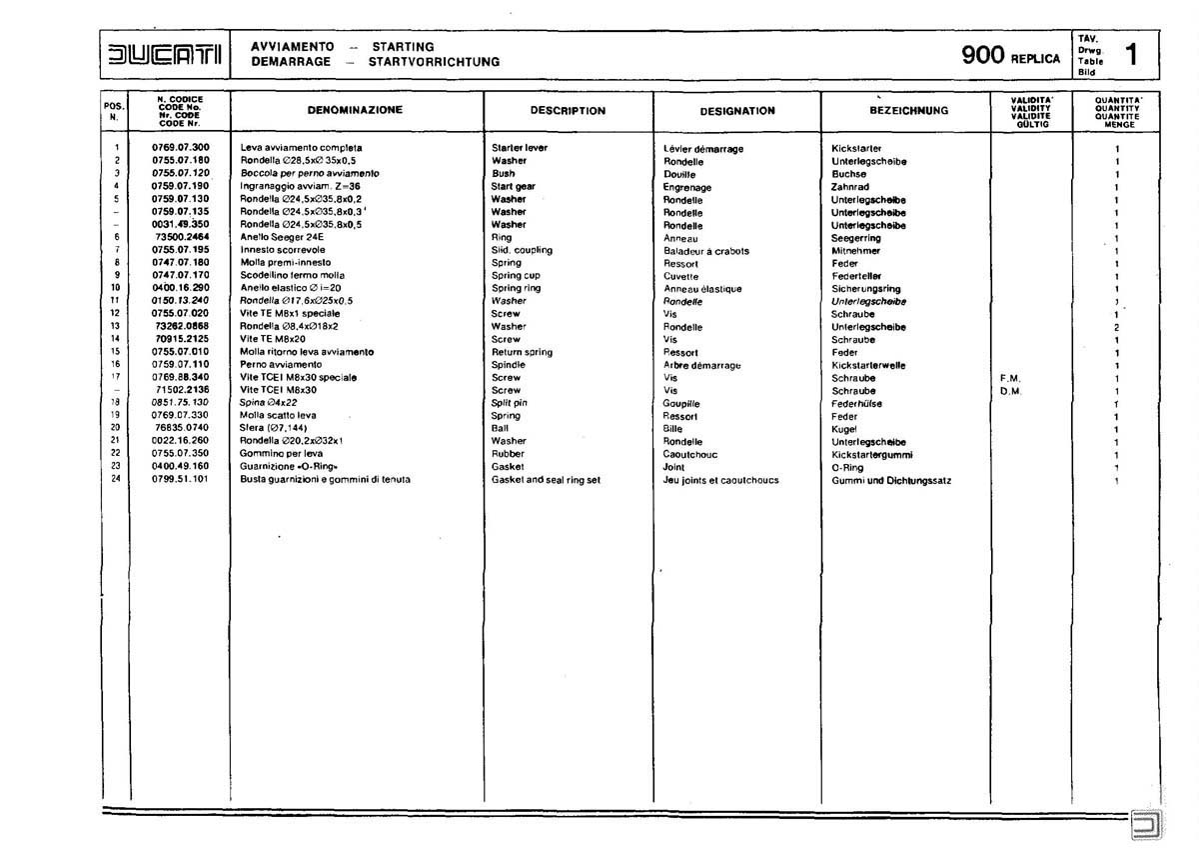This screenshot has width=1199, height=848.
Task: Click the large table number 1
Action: point(1130,54)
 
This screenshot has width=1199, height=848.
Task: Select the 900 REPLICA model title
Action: point(1010,56)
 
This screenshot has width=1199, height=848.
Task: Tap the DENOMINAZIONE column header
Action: point(355,109)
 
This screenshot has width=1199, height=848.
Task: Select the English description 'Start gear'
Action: point(514,186)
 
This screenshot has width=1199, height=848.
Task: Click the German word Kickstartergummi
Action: point(872,454)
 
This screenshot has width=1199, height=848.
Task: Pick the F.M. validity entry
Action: point(1007,378)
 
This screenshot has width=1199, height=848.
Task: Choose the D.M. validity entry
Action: point(1007,391)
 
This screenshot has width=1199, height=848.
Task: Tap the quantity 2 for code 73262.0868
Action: point(1116,327)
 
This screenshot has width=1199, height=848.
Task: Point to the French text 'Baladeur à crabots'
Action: point(705,251)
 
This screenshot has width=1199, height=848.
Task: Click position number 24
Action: point(116,479)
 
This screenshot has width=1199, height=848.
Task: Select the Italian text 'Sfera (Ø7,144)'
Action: point(274,428)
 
